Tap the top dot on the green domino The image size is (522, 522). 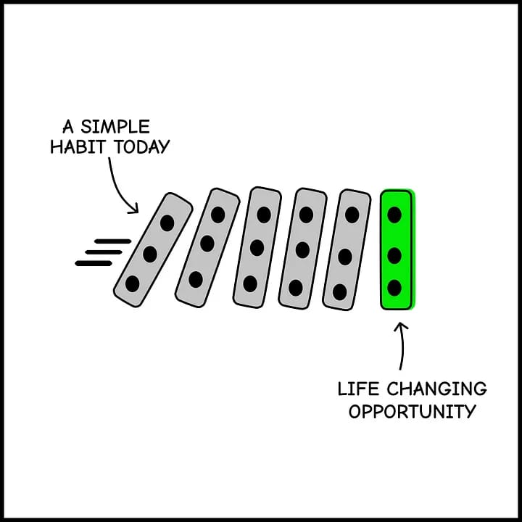coord(394,215)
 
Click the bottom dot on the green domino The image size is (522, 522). coord(394,288)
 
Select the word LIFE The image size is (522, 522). coord(355,389)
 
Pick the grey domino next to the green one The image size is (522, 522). coord(346,250)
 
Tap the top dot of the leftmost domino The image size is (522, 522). coord(167,223)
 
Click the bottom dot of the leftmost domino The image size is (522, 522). coord(132,283)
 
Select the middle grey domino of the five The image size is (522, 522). coord(257,247)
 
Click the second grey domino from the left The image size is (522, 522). coord(207,247)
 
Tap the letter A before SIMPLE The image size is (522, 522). coord(69,127)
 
